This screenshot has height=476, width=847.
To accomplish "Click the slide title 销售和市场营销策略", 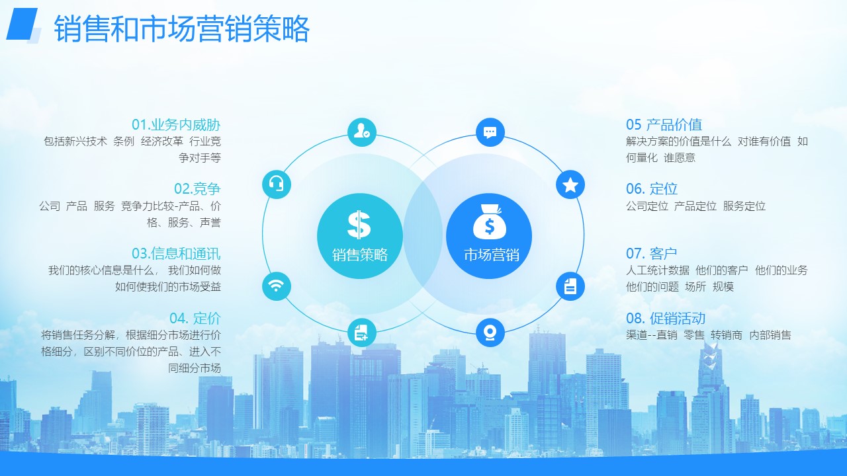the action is tap(182, 28).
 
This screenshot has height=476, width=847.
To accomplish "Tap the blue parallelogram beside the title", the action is tap(22, 24).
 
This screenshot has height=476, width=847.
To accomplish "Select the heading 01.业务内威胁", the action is tap(176, 125).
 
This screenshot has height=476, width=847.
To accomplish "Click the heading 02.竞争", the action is tap(197, 188).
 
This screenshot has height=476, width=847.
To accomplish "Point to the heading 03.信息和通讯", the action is tap(176, 253).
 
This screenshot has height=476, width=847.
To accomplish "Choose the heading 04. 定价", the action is tap(195, 318).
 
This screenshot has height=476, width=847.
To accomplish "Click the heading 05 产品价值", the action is tap(664, 125).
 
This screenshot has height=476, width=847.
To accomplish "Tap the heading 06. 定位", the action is tap(652, 188).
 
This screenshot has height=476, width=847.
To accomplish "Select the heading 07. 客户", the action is tap(652, 253).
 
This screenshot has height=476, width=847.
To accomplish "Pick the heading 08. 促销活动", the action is tap(666, 318).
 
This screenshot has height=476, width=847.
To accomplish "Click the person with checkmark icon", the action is tap(362, 132).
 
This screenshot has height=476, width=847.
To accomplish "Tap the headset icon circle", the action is tap(277, 184).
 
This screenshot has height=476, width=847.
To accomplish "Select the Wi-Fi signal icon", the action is tap(277, 286).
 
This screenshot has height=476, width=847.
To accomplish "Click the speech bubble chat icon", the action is tap(490, 132).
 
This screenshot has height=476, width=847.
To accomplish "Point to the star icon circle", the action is tap(570, 184).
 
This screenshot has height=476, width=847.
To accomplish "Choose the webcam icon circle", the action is tap(490, 333).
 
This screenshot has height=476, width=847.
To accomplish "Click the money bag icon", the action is tap(489, 222).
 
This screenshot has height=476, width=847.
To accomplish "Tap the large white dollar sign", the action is tap(359, 224).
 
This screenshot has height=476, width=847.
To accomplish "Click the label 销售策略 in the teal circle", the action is tap(360, 255).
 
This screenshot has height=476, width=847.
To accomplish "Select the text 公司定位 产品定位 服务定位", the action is tap(695, 206).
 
